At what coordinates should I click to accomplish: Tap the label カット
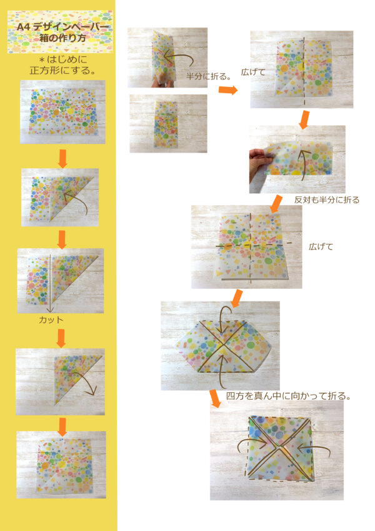click(x=51, y=319)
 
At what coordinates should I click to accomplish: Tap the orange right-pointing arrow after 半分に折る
click(x=228, y=91)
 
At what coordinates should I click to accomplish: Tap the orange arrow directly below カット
click(x=61, y=338)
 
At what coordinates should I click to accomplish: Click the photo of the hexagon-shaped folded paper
click(x=224, y=346)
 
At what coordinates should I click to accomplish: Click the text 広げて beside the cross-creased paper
click(x=321, y=246)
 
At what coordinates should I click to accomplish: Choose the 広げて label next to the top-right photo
click(x=253, y=73)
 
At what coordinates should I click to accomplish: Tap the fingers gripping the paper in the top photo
click(x=156, y=80)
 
